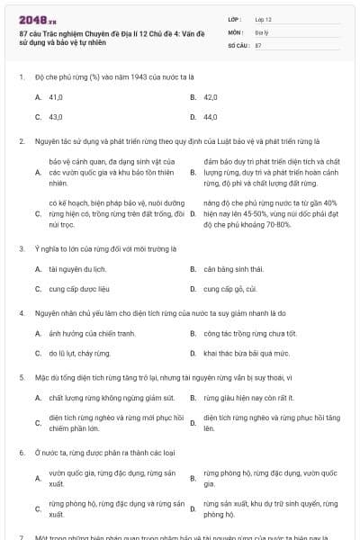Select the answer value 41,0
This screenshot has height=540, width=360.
tap(56, 96)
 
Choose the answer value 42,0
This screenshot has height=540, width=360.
tap(211, 96)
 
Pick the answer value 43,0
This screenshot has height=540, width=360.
tap(56, 116)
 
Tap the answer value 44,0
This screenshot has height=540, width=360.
tap(211, 116)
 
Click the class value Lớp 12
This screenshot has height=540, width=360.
tap(263, 19)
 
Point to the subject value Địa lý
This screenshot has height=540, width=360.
tap(262, 31)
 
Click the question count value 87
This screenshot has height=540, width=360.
tap(258, 44)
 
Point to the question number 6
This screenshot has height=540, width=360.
tap(21, 452)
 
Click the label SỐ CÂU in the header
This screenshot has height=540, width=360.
tap(237, 44)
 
